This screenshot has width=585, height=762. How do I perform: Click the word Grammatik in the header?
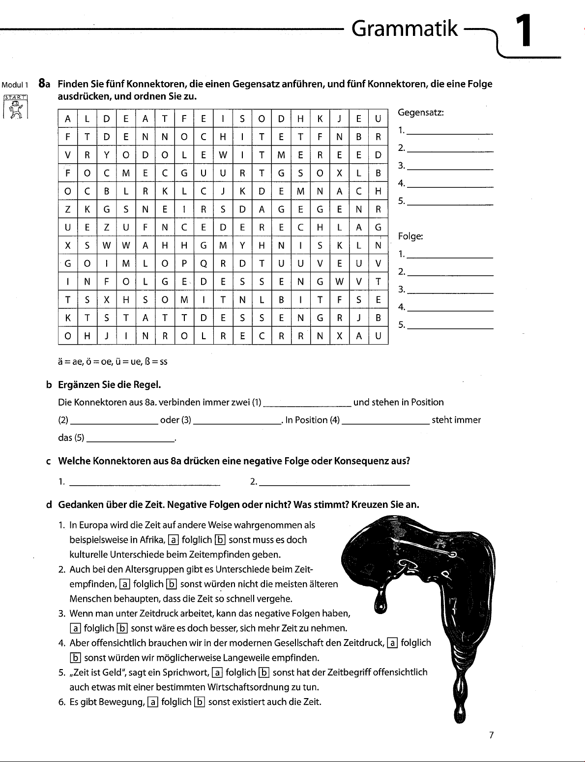[405, 29]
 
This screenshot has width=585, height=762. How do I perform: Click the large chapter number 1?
[524, 31]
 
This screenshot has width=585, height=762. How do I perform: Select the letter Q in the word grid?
[204, 263]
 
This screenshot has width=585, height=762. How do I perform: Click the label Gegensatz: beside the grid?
[420, 113]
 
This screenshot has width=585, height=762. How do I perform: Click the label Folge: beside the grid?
[410, 236]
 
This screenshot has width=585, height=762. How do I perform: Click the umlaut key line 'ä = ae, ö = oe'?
[113, 362]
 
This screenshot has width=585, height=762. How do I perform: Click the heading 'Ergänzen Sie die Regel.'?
[110, 384]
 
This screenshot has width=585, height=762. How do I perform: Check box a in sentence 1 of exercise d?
[173, 540]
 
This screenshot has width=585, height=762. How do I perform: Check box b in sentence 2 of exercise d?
[171, 585]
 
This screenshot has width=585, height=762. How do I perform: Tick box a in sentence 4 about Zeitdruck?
[392, 643]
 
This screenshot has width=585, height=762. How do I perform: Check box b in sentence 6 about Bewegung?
[200, 702]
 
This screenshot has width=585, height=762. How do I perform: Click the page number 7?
[491, 735]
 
